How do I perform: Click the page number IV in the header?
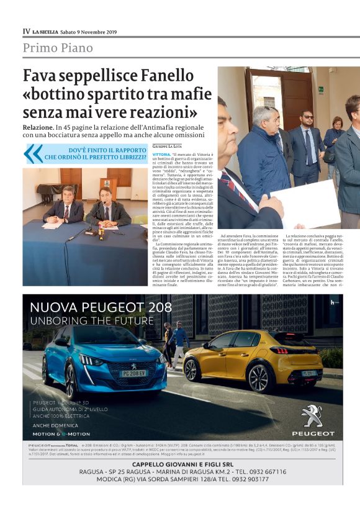26,30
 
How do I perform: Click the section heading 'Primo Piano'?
58,48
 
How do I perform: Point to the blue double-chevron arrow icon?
34,153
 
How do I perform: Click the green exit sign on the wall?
321,89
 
